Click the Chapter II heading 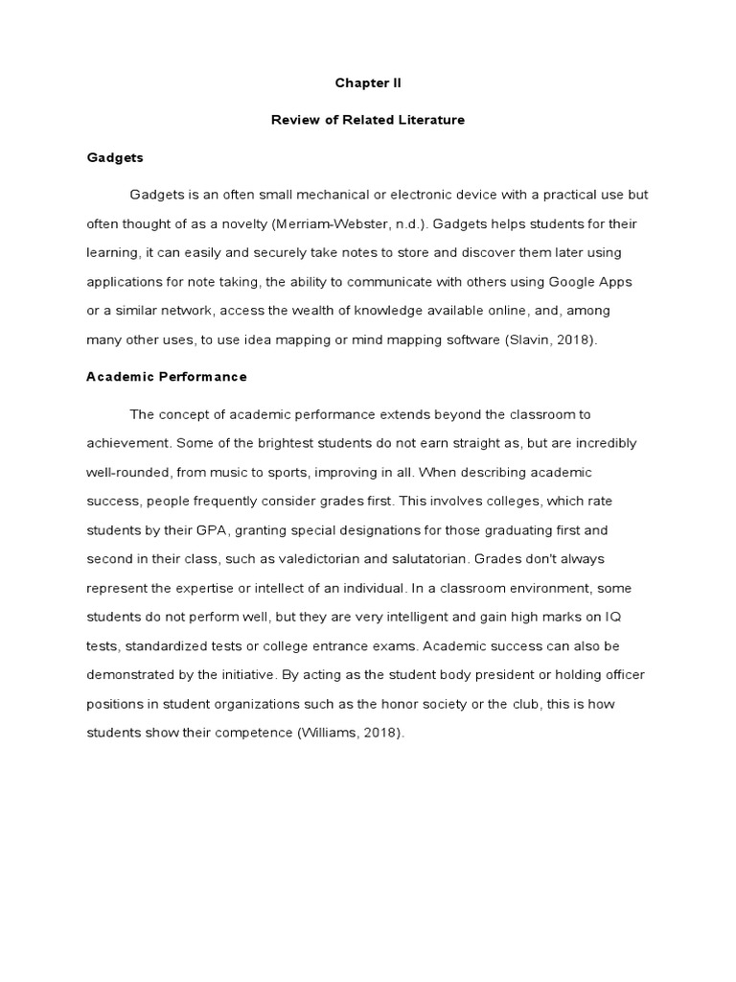(368, 83)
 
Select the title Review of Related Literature (368, 120)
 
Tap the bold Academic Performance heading (167, 377)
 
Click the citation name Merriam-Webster (353, 223)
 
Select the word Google (575, 282)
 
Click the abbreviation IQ (625, 617)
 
